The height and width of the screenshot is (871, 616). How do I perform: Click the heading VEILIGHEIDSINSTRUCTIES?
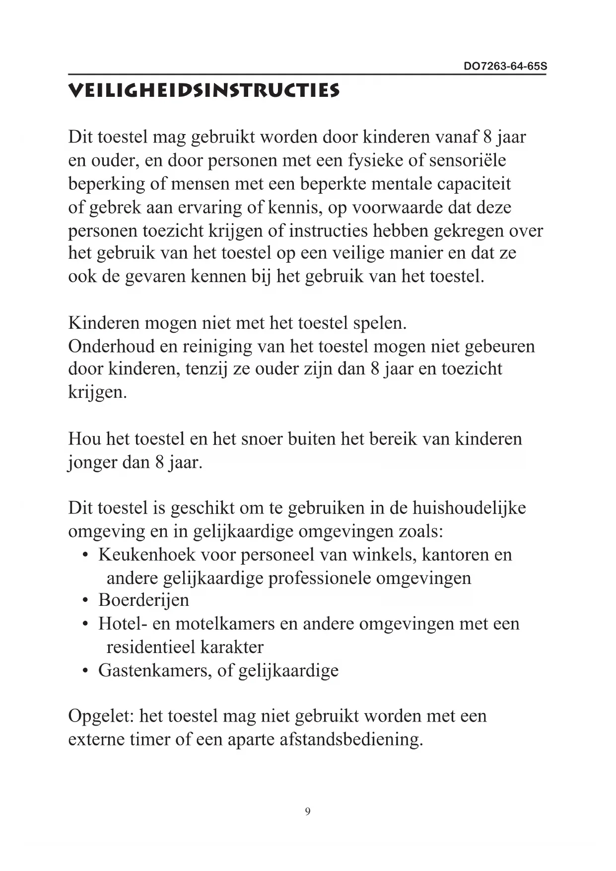coord(204,91)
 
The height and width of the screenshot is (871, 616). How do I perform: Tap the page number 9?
coord(308,811)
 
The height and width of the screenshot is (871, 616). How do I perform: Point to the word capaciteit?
coord(474,184)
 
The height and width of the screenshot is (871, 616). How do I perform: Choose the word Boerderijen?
coord(143,600)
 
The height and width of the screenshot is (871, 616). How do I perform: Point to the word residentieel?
coord(150,647)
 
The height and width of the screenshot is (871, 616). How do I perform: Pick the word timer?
coord(150,739)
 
